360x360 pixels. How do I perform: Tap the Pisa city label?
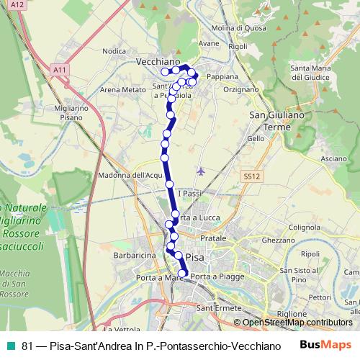pos(195,256)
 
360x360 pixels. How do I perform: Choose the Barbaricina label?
pos(135,255)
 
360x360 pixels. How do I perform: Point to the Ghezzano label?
pos(279,240)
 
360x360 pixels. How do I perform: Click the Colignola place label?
pos(305,227)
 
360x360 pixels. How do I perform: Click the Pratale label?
pos(213,238)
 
